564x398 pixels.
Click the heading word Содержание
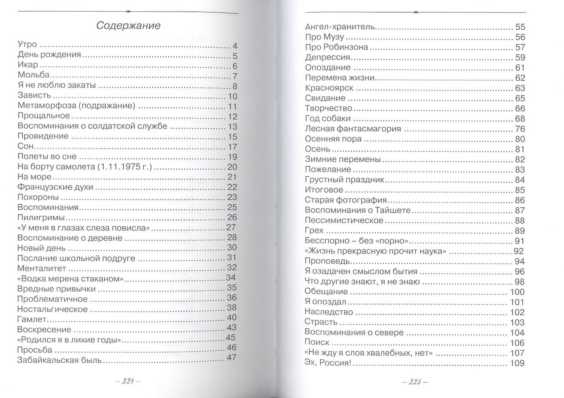[x=128, y=26]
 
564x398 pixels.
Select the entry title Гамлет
[x=32, y=319]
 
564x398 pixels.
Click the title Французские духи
[x=55, y=187]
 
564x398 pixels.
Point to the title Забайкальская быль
[x=59, y=360]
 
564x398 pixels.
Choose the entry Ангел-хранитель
[x=340, y=27]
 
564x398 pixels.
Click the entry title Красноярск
[x=329, y=88]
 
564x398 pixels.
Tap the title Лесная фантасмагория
[x=353, y=129]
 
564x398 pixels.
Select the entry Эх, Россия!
[x=327, y=363]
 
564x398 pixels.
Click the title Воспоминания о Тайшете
[x=358, y=210]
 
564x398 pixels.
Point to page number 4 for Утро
[x=235, y=46]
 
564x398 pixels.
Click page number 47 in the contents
[x=231, y=358]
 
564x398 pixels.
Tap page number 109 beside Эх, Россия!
[x=517, y=363]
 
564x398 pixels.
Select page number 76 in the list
[x=520, y=129]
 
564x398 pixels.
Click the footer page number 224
[x=128, y=382]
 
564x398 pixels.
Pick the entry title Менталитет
[x=42, y=269]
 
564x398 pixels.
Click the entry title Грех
[x=314, y=231]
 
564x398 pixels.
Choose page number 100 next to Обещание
[x=517, y=292]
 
